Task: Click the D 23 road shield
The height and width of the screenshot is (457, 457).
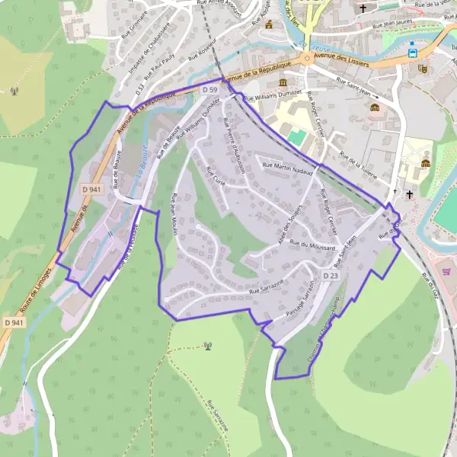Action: [330, 275]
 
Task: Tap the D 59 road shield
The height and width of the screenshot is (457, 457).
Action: [210, 90]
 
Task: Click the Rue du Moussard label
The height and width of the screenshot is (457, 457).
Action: [312, 246]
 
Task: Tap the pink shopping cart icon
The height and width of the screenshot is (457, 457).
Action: [447, 271]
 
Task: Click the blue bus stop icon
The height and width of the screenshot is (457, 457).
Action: [412, 53]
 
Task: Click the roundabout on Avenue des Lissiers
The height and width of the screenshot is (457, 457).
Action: [306, 58]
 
